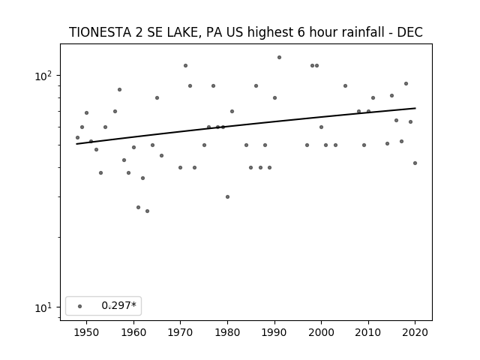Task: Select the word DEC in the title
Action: click(410, 32)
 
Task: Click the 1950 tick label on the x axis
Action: click(87, 332)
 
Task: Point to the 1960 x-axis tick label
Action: click(133, 332)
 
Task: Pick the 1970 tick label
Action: click(180, 332)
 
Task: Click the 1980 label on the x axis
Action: click(227, 332)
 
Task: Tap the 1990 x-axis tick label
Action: click(274, 332)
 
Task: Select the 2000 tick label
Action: click(321, 332)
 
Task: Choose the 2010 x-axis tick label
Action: click(368, 332)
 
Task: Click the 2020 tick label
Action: click(415, 332)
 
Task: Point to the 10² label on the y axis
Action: click(43, 76)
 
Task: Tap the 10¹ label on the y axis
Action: click(43, 307)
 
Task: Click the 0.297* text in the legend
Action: click(118, 305)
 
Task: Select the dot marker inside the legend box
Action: click(80, 306)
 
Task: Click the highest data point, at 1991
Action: click(279, 58)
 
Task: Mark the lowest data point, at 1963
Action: click(147, 211)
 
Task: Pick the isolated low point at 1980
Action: click(227, 196)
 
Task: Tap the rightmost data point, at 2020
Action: click(415, 163)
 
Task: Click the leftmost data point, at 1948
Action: click(77, 138)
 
